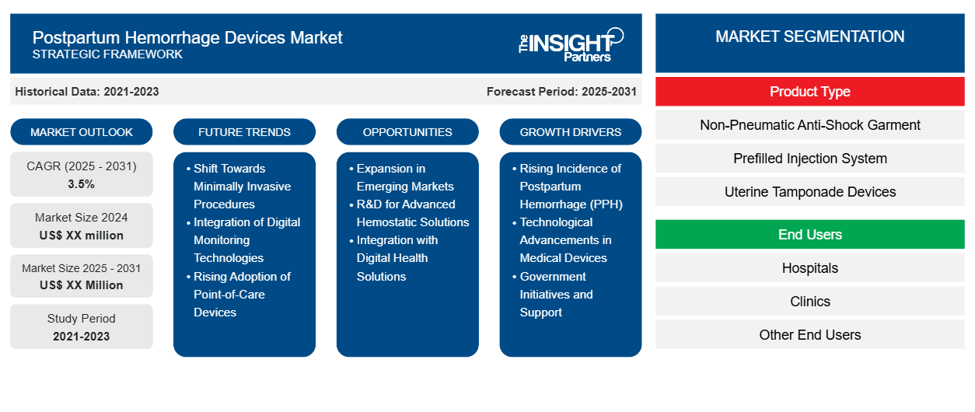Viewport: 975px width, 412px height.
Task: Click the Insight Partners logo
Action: click(x=571, y=44)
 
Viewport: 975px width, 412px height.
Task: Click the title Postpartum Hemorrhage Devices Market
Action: click(x=187, y=37)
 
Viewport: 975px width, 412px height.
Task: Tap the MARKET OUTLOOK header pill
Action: click(x=82, y=132)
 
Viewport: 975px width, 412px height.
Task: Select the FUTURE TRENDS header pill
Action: click(x=244, y=132)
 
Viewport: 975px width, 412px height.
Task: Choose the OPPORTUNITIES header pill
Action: click(x=407, y=132)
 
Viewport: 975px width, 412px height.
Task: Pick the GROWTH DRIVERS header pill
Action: click(x=571, y=132)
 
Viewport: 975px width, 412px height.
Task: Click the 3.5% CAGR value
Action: click(x=82, y=184)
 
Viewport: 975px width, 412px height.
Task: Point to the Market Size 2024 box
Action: click(x=82, y=226)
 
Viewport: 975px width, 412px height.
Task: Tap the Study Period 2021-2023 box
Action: click(x=82, y=327)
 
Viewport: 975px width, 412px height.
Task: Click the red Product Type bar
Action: click(x=809, y=92)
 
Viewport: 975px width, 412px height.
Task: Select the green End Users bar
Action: click(x=809, y=235)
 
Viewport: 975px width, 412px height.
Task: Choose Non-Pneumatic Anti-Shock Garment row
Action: click(x=809, y=125)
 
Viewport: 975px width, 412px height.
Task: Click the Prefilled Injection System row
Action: click(x=809, y=159)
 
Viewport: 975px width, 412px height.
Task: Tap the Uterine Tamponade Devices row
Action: click(x=809, y=192)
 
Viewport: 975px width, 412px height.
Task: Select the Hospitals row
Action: click(x=809, y=268)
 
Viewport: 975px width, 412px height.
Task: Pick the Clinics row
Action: click(x=809, y=302)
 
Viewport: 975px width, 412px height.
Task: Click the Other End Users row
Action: click(x=809, y=335)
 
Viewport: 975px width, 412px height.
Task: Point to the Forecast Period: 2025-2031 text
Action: click(x=561, y=92)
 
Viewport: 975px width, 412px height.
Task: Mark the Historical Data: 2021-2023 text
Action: click(x=87, y=92)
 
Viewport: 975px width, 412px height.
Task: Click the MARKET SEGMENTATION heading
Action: click(x=809, y=37)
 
